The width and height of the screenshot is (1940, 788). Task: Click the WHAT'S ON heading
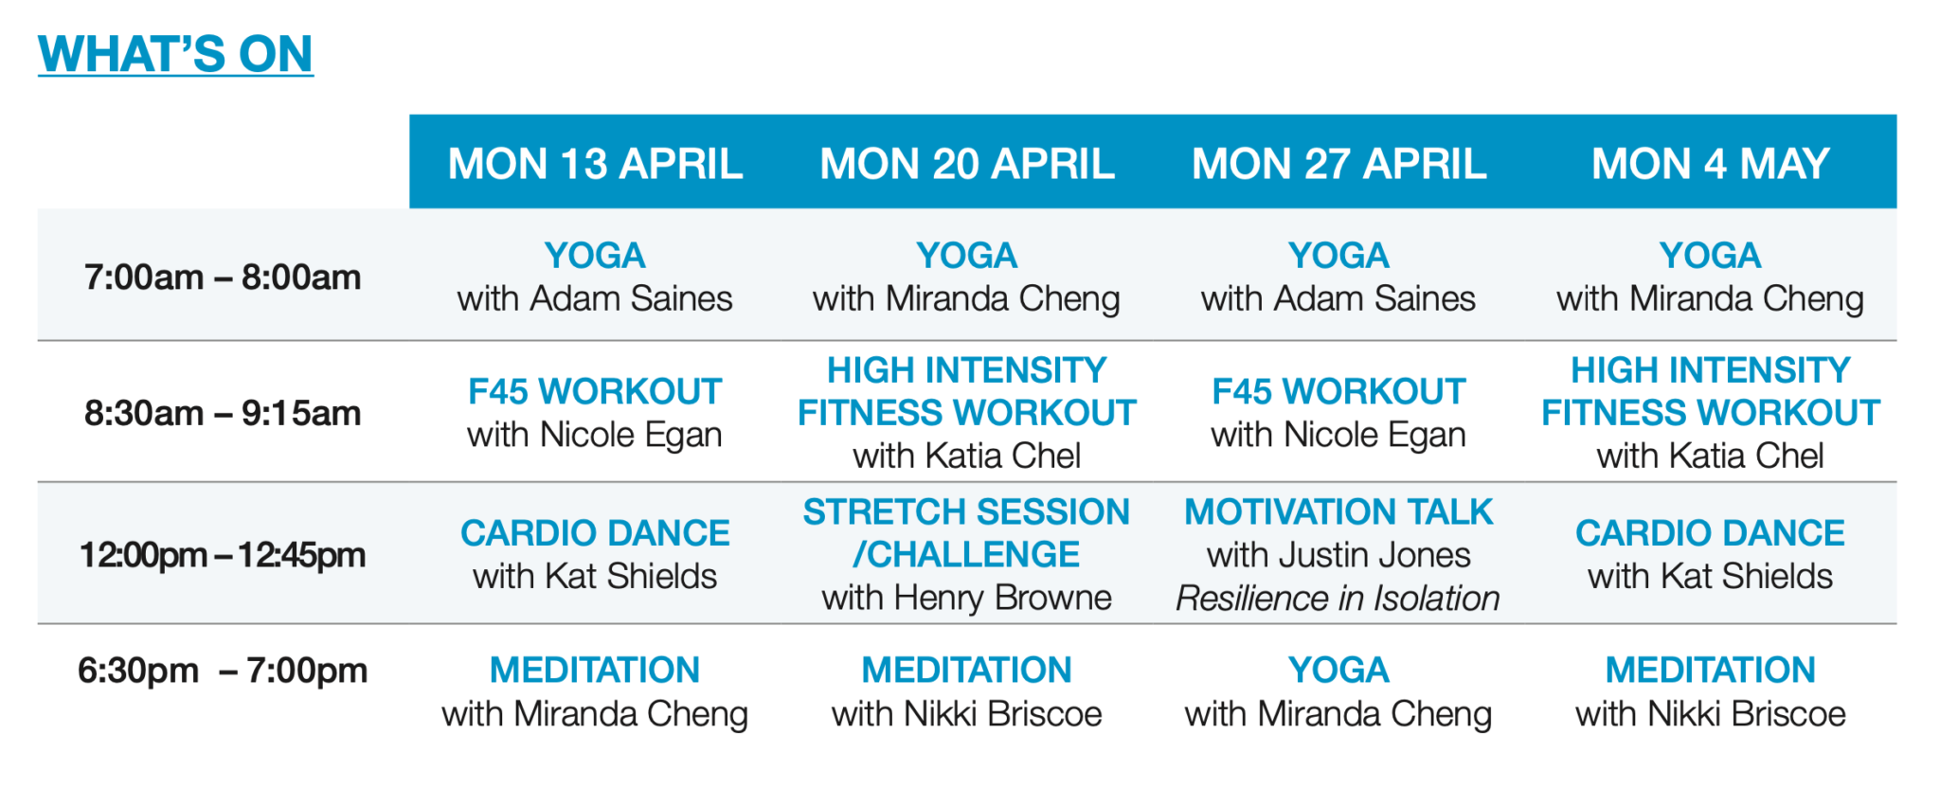coord(175,54)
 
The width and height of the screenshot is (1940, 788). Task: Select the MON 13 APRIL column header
coord(595,164)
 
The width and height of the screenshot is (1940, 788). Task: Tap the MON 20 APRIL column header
coord(966,164)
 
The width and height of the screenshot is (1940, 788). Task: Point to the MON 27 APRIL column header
coord(1338,164)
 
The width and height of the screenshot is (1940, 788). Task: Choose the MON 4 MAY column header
coord(1710,164)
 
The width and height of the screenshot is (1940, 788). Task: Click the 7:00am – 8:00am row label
coord(223,278)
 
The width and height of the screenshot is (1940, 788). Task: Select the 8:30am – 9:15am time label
coord(223,413)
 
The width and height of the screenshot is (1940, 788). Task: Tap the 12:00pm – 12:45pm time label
coord(223,555)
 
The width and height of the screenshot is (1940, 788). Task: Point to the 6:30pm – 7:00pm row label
coord(223,671)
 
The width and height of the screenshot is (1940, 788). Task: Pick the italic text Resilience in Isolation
coord(1338,599)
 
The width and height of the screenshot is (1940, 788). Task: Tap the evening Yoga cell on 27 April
coord(1338,692)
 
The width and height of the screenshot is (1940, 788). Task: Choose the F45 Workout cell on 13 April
coord(595,413)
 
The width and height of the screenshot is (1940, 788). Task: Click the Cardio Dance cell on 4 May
coord(1710,555)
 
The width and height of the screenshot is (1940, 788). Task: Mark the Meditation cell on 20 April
coord(966,692)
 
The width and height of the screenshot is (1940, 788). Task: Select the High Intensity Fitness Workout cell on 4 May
coord(1710,413)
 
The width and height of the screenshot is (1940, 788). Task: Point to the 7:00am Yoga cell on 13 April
coord(595,278)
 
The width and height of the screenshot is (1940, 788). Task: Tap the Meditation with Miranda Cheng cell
coord(595,692)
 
